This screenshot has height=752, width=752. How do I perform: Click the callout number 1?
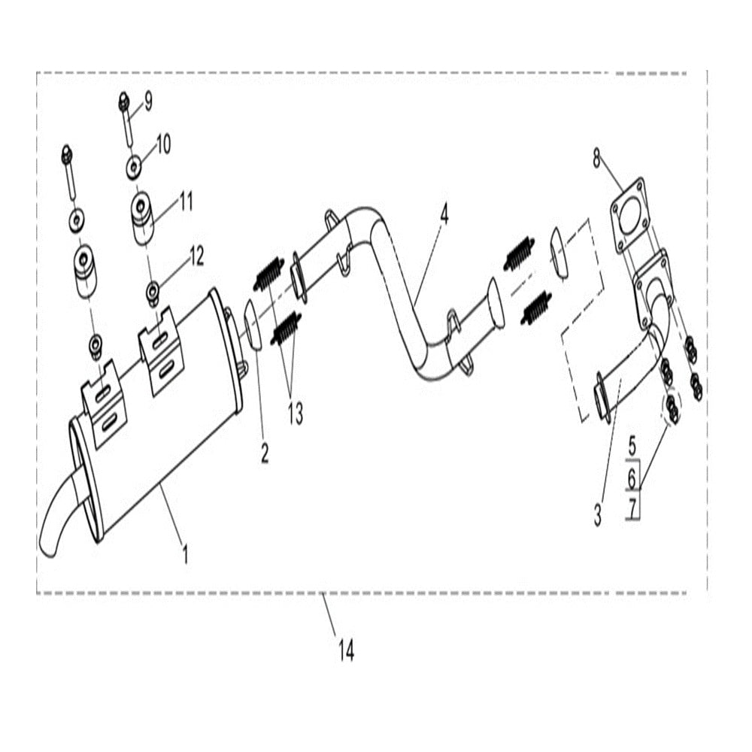coord(184,555)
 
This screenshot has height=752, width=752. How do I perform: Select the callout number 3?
coord(598,515)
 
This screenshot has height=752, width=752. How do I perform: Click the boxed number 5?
coord(632,444)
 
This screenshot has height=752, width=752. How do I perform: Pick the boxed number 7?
coord(632,509)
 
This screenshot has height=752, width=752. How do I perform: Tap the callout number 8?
coord(596,158)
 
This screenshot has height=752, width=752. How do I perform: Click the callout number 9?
coord(147,101)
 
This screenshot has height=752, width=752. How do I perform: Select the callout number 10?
coord(163,143)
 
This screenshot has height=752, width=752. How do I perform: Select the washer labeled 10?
coord(133,166)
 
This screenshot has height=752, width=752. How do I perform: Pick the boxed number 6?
coord(632,478)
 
